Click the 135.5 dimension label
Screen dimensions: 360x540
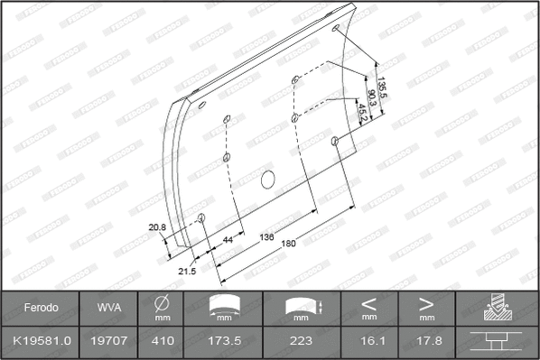pos(382,88)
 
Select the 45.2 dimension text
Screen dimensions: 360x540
pos(362,113)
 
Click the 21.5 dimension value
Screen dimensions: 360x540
pos(188,271)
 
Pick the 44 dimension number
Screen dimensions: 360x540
pos(228,240)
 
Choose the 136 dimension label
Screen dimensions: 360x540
pos(267,237)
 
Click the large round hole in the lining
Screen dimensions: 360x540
pos(268,179)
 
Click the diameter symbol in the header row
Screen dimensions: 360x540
pos(163,302)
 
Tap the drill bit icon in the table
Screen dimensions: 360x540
pos(497,308)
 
